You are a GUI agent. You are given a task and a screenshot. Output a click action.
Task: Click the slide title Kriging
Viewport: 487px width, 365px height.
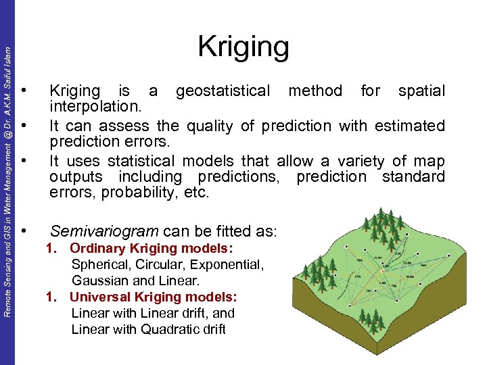click(x=243, y=47)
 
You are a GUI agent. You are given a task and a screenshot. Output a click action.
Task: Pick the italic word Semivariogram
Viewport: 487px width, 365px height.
click(x=102, y=231)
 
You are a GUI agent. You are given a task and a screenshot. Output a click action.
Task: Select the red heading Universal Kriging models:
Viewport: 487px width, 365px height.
click(x=154, y=297)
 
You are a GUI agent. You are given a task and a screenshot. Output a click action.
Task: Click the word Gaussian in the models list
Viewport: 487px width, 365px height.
click(x=98, y=281)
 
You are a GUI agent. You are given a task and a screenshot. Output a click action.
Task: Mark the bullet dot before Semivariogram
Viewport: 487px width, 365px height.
click(x=24, y=231)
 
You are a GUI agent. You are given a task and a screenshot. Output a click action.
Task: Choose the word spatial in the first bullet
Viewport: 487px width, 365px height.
click(x=421, y=91)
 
